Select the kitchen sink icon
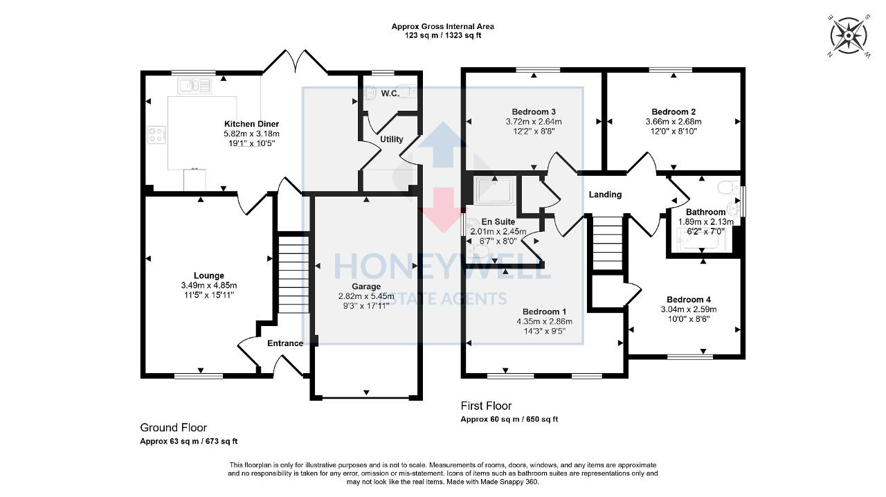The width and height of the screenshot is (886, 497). tap(195, 86)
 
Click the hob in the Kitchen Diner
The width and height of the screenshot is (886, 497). tap(156, 134)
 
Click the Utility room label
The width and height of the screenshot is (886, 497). tap(391, 139)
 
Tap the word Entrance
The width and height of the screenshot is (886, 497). tap(285, 343)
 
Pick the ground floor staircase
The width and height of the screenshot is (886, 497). tap(293, 274)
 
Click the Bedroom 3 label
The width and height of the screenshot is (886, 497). tap(534, 111)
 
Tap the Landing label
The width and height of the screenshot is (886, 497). tap(605, 195)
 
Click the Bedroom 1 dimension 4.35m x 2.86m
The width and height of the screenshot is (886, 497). tap(544, 321)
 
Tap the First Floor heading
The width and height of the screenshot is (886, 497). tap(486, 406)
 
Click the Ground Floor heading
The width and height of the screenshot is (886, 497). tap(173, 428)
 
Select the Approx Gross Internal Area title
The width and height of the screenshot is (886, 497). tap(443, 26)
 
